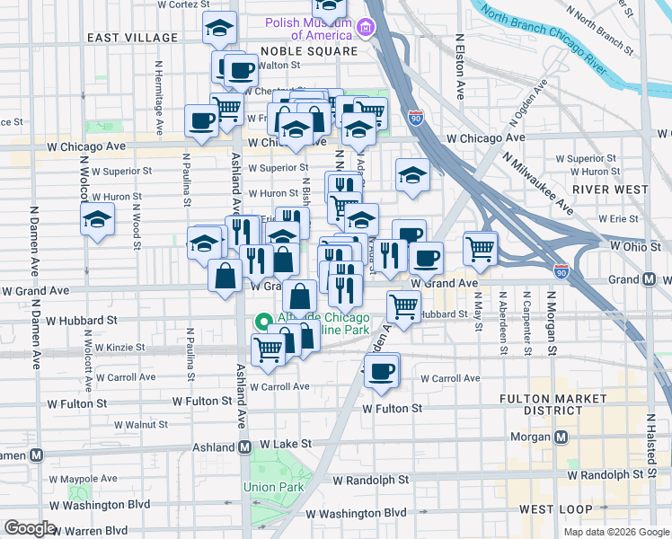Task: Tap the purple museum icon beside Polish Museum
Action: [365, 29]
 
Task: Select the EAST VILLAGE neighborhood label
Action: [132, 38]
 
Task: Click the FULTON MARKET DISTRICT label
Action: [555, 403]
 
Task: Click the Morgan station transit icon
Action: [561, 437]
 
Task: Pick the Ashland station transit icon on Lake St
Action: [243, 446]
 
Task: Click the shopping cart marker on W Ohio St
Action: [481, 247]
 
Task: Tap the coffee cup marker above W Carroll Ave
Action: [381, 370]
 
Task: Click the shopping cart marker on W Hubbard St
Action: [404, 306]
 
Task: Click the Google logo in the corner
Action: [30, 528]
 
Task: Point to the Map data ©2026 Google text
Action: [615, 532]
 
